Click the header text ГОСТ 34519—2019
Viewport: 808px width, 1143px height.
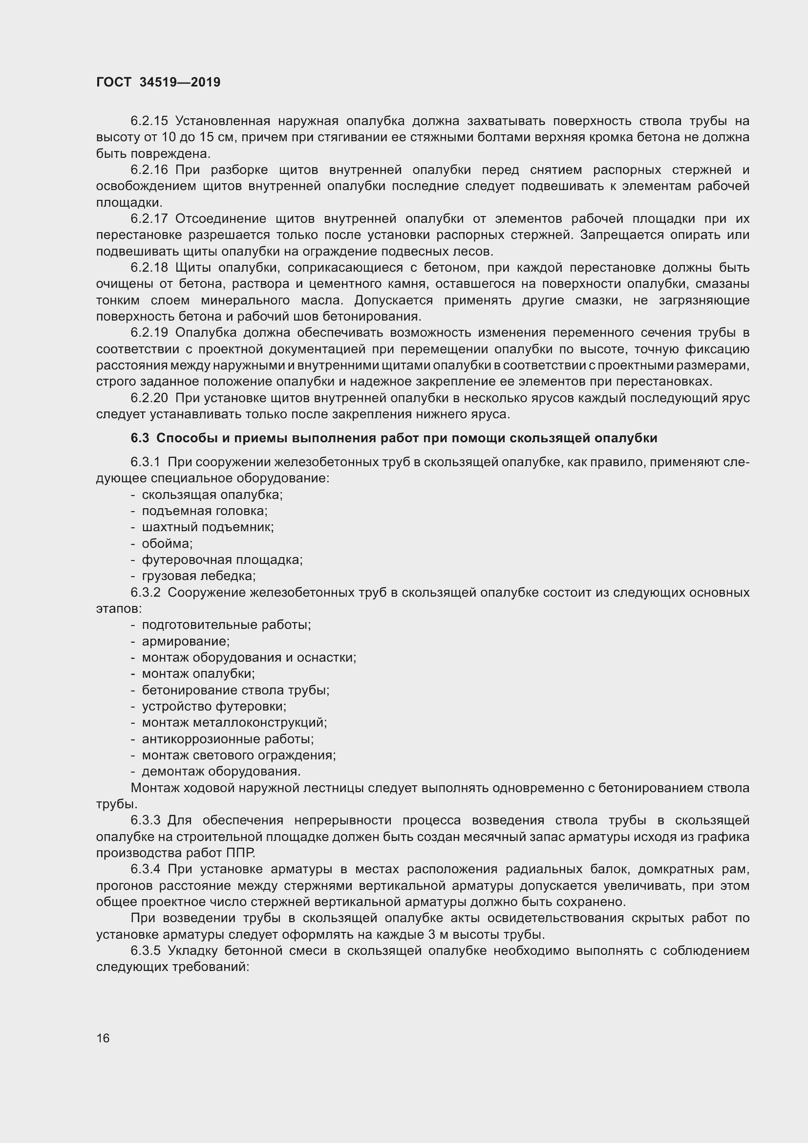pos(158,83)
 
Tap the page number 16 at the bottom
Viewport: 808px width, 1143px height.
pos(103,1038)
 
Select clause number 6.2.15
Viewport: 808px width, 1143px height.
pos(149,121)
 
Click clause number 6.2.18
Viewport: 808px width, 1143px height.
pos(149,268)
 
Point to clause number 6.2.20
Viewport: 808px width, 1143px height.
pos(149,398)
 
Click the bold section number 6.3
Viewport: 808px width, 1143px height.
pos(140,438)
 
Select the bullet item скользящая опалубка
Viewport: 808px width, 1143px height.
pos(212,495)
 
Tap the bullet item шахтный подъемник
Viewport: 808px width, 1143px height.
pos(208,527)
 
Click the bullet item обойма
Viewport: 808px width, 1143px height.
pos(167,543)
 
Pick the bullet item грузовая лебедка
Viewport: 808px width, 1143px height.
pos(198,576)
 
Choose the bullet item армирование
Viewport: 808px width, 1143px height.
pos(186,641)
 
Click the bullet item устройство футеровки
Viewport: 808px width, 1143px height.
pos(214,707)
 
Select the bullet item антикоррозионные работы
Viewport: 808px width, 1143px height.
pos(227,739)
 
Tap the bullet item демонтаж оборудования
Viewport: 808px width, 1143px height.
pos(221,771)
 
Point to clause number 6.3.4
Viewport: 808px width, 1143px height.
pos(145,869)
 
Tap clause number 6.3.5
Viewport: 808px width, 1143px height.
pos(145,950)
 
